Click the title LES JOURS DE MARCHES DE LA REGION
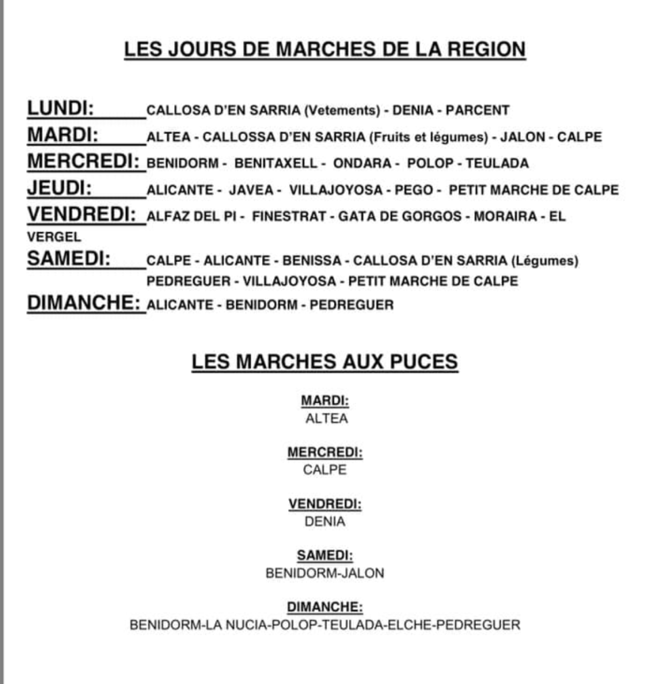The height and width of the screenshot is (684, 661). pyautogui.click(x=324, y=50)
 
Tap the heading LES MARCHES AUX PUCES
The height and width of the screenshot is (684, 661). pyautogui.click(x=324, y=362)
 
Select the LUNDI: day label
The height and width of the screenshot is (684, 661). pyautogui.click(x=60, y=108)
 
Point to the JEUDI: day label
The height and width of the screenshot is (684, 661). pyautogui.click(x=60, y=189)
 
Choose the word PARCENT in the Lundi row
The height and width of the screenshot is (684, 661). pyautogui.click(x=477, y=110)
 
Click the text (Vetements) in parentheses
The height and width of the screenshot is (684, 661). pyautogui.click(x=341, y=110)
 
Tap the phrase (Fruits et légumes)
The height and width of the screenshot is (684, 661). pyautogui.click(x=428, y=137)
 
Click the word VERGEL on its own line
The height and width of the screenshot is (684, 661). pyautogui.click(x=54, y=237)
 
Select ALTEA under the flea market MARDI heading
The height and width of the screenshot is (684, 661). pyautogui.click(x=326, y=419)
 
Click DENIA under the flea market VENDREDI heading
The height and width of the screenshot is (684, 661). pyautogui.click(x=325, y=522)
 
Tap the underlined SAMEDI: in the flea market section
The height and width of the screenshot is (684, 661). pyautogui.click(x=325, y=556)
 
